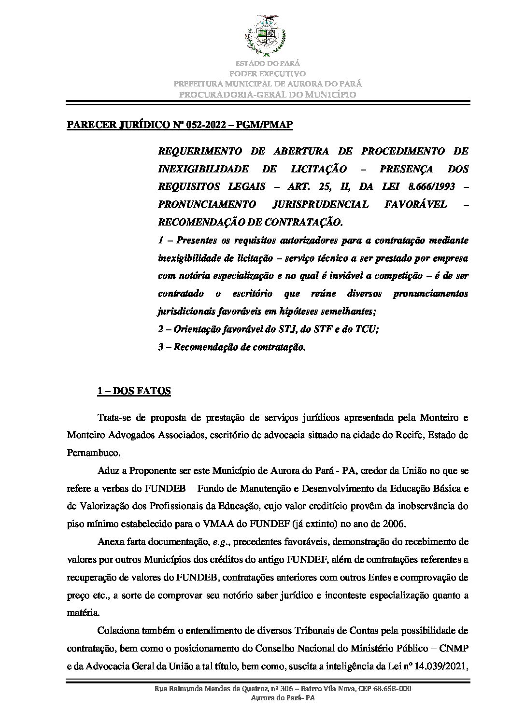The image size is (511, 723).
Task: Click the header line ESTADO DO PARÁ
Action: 268,63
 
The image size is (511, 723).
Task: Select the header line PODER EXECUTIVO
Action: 268,73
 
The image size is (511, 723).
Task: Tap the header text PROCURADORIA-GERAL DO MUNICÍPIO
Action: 268,94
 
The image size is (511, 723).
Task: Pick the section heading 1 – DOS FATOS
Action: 134,392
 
